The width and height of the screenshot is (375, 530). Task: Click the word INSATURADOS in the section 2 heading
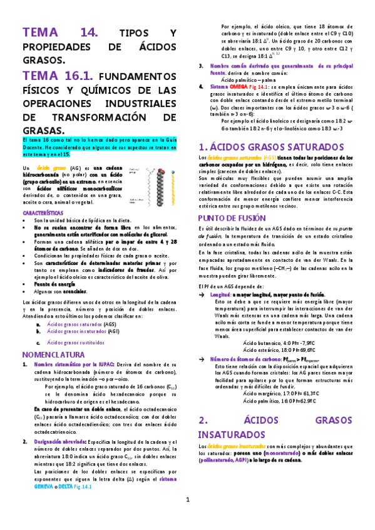coord(234,434)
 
